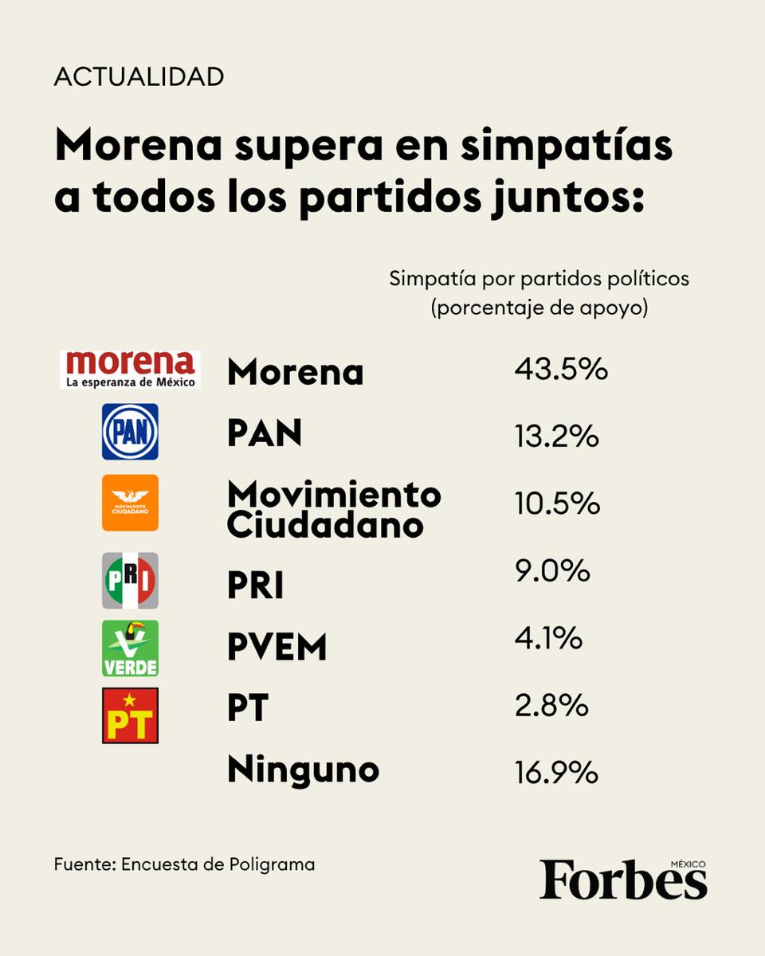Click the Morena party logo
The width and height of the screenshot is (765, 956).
point(130,370)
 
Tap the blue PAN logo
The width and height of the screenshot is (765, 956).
point(130,432)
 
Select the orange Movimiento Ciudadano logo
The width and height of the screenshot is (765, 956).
point(130,503)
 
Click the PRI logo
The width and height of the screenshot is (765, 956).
point(130,581)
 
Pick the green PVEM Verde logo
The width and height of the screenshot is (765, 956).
point(130,648)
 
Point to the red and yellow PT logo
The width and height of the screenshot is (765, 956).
point(130,715)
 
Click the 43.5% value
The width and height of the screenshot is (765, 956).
point(560,370)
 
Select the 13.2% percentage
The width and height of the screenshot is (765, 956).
point(556,437)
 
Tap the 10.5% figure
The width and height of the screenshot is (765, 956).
point(556,503)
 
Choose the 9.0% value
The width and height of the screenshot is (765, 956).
point(551,571)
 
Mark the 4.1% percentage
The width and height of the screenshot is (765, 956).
point(549,638)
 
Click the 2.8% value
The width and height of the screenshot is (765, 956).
point(551,705)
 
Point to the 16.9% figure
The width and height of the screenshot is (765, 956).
point(556,772)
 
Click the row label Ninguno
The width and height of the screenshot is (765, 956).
point(303,770)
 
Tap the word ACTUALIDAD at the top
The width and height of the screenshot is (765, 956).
point(139,77)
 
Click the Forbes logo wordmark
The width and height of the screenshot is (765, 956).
point(623,880)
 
